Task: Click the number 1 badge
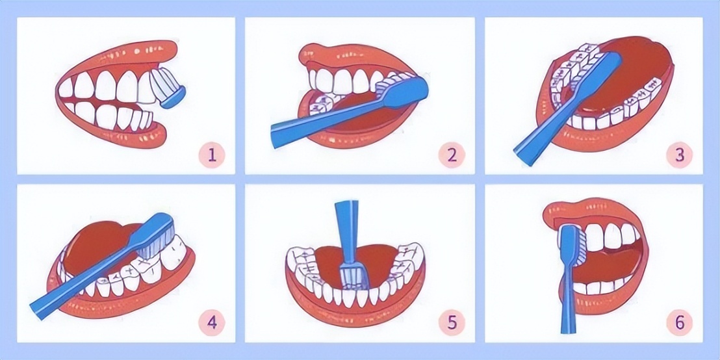pyautogui.click(x=212, y=155)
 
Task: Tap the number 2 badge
pyautogui.click(x=452, y=155)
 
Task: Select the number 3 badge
pyautogui.click(x=680, y=155)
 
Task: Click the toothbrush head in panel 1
pyautogui.click(x=169, y=89)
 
